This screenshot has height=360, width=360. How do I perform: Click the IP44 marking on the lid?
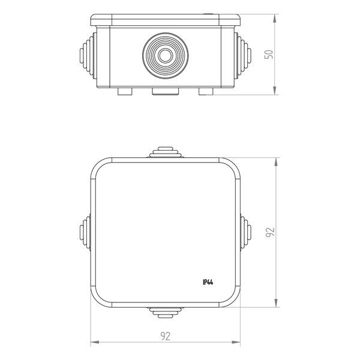pyautogui.click(x=208, y=282)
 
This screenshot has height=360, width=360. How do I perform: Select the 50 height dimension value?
pyautogui.click(x=269, y=55)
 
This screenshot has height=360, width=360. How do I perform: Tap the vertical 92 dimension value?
pyautogui.click(x=270, y=232)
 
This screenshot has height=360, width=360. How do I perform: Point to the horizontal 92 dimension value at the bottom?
pyautogui.click(x=166, y=336)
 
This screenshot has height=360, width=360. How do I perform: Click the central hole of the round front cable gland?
pyautogui.click(x=166, y=56)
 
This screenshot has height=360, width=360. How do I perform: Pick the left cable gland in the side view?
pyautogui.click(x=88, y=56)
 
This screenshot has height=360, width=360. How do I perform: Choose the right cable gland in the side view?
pyautogui.click(x=242, y=56)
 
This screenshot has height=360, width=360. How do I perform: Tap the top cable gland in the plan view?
pyautogui.click(x=166, y=152)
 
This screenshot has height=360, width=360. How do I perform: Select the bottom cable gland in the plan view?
pyautogui.click(x=166, y=313)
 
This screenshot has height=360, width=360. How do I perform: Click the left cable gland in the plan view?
pyautogui.click(x=85, y=232)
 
